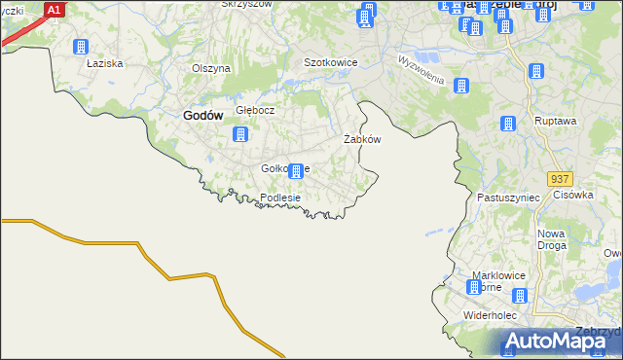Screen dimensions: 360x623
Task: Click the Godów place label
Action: click(203, 115)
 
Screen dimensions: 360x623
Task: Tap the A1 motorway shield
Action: click(55, 9)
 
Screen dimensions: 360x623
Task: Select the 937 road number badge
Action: click(559, 180)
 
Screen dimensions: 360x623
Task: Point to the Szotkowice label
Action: click(331, 62)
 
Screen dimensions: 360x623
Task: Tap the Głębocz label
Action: click(255, 110)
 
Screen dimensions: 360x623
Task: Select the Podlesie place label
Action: click(280, 198)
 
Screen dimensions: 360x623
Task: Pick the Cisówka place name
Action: click(573, 195)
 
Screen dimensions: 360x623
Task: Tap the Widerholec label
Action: click(495, 316)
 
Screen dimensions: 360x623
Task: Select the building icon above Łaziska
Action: click(81, 47)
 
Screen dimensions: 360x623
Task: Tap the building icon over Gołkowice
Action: click(297, 169)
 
